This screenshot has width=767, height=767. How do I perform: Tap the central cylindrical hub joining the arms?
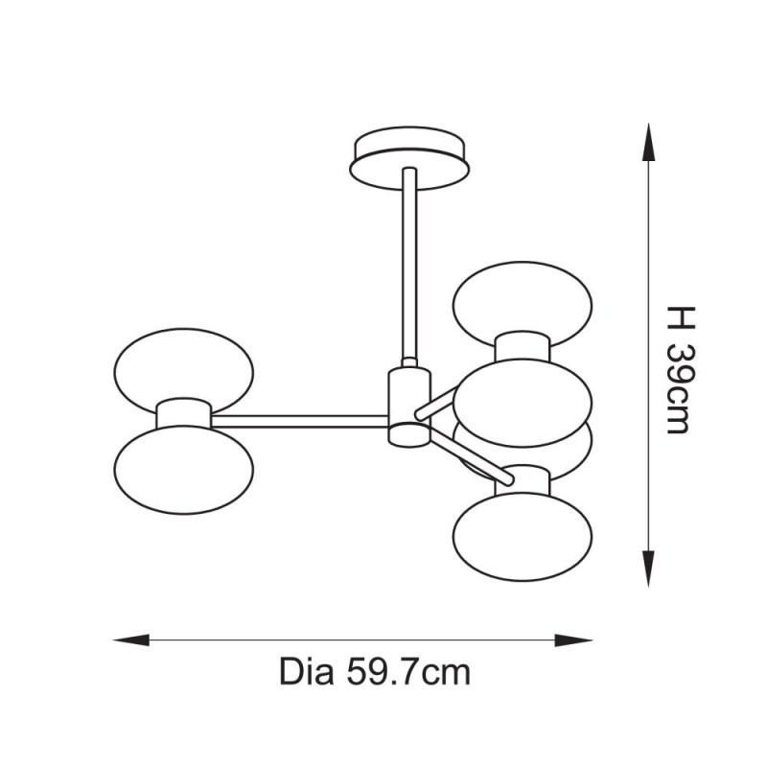[x=409, y=407]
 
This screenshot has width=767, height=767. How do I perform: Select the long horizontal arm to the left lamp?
[x=299, y=421]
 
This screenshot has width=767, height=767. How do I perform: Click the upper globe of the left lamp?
[x=183, y=369]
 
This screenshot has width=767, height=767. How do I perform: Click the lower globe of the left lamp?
[x=183, y=470]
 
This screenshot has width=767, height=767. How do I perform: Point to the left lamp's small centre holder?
[x=183, y=413]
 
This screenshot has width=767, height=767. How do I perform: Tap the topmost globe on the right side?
[x=523, y=303]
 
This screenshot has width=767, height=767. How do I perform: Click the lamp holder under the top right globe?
[x=523, y=348]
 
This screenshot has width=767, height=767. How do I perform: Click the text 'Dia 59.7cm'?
[x=375, y=672]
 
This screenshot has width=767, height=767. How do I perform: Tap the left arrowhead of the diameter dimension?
[x=131, y=639]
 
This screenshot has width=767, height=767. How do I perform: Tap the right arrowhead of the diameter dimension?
[x=573, y=639]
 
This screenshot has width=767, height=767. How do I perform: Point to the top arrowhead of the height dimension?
[x=649, y=142]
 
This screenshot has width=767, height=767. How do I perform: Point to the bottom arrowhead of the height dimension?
[x=649, y=569]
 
